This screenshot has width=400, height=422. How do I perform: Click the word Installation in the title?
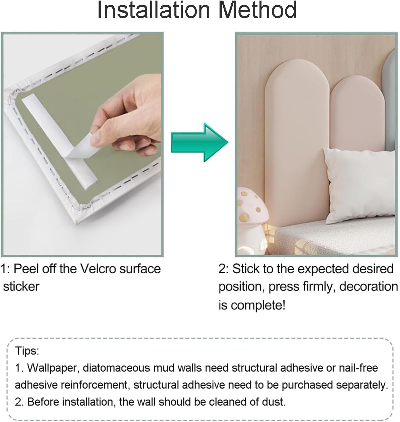point(154,10)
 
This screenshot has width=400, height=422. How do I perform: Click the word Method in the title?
point(257,10)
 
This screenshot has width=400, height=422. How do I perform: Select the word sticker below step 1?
point(21,286)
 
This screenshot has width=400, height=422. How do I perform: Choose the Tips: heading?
point(27,351)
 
